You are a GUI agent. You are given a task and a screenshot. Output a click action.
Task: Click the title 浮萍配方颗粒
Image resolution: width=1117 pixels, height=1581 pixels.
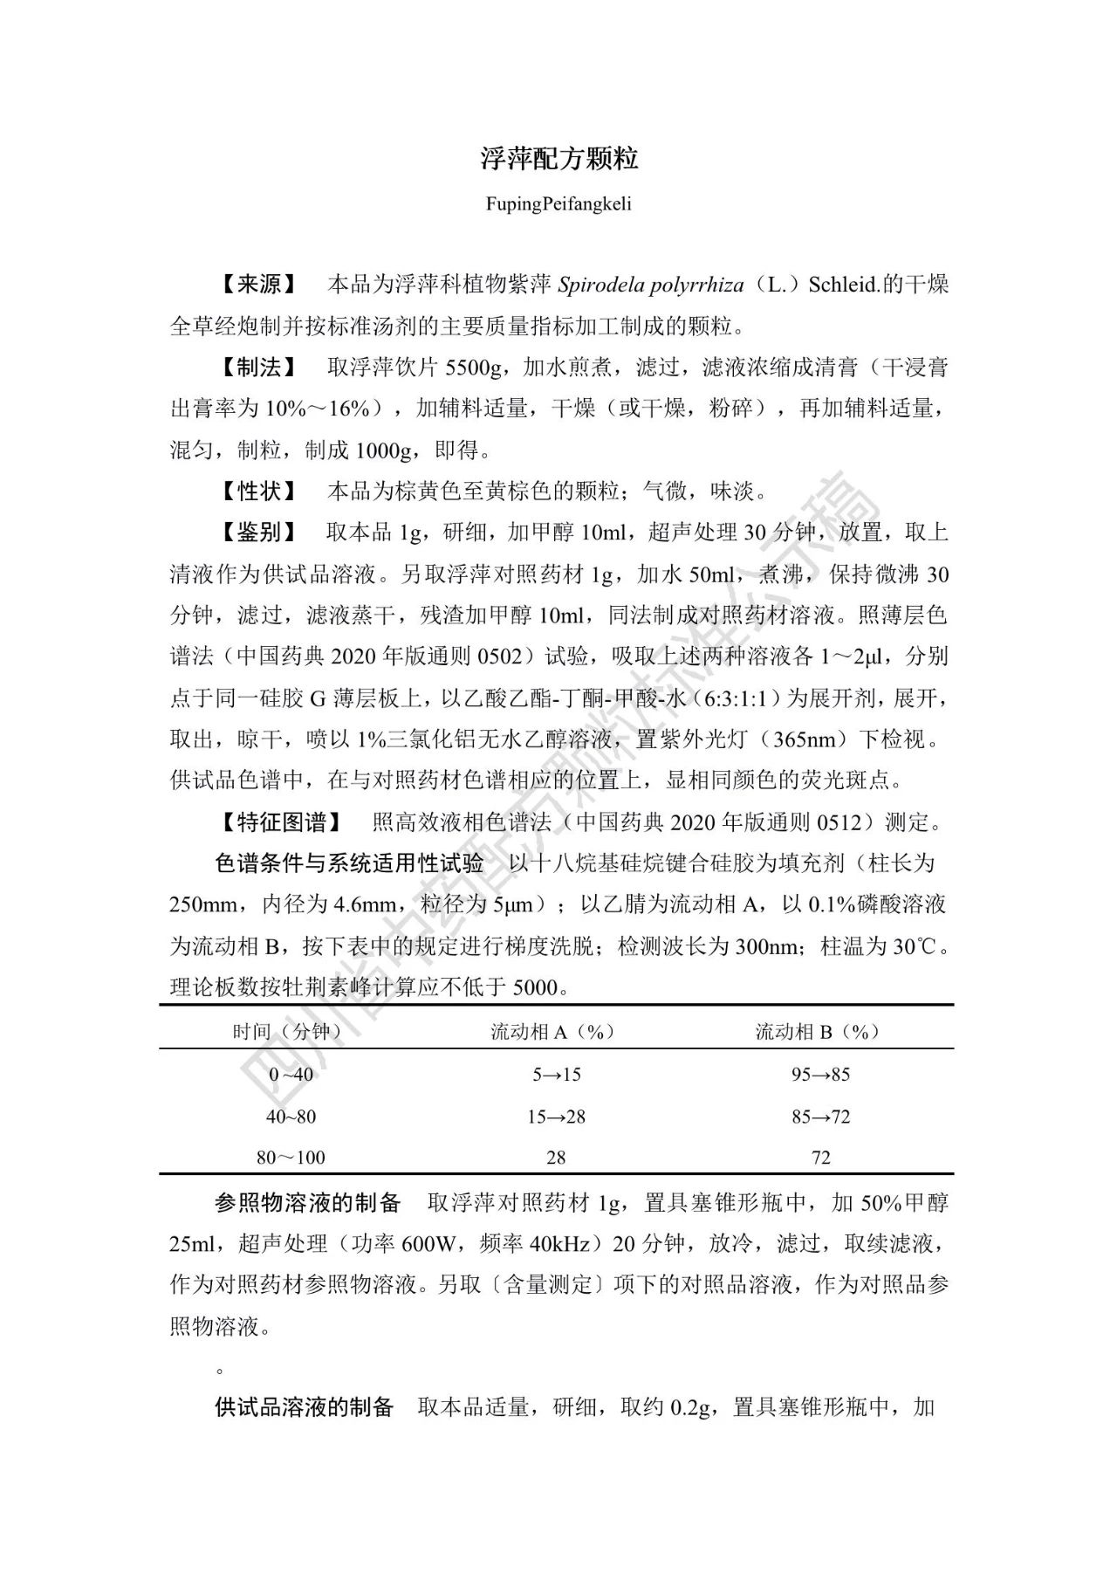(x=558, y=158)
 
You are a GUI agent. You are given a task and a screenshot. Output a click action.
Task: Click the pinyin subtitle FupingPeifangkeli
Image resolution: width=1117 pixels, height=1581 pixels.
(x=558, y=204)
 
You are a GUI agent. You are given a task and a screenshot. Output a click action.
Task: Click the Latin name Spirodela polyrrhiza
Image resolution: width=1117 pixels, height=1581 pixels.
(x=651, y=285)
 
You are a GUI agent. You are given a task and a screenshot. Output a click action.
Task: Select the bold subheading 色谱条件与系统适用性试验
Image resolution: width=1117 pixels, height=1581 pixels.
(x=349, y=863)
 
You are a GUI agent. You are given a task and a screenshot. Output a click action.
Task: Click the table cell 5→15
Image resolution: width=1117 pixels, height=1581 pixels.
(x=557, y=1075)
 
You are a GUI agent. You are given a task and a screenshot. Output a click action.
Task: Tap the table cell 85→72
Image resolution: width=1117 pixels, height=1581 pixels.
(x=820, y=1117)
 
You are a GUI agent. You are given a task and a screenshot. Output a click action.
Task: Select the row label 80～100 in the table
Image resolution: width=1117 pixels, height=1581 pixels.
(x=291, y=1158)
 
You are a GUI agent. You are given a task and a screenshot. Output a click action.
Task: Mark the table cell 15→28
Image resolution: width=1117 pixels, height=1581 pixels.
(x=557, y=1117)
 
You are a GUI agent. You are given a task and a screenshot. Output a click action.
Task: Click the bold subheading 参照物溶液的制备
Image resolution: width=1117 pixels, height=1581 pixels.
(x=307, y=1203)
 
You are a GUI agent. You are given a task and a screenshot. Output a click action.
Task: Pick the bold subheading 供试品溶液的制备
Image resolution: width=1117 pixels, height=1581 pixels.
(x=305, y=1407)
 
